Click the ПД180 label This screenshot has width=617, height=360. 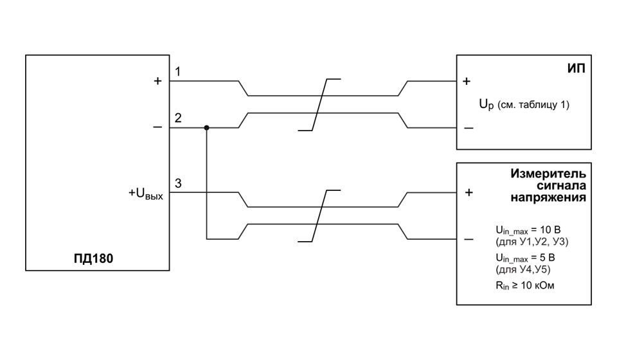(x=93, y=258)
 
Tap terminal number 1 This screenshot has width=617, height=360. (x=178, y=71)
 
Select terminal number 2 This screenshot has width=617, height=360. (x=178, y=118)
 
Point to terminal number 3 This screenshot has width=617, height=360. (x=178, y=183)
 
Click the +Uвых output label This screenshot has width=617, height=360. (x=146, y=194)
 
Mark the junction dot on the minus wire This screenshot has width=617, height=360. (x=206, y=128)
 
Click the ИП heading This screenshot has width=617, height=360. (x=576, y=68)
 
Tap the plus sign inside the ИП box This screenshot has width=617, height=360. (x=467, y=81)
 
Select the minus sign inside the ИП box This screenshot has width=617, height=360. (x=469, y=128)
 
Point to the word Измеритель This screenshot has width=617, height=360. (x=548, y=174)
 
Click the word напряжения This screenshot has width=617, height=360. (x=548, y=197)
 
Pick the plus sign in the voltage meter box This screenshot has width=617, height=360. (x=469, y=192)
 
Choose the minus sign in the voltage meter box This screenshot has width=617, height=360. (x=469, y=239)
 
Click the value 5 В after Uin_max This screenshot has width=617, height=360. (x=548, y=258)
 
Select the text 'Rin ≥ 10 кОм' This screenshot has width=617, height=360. (x=525, y=285)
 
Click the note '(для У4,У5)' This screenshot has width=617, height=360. (x=523, y=269)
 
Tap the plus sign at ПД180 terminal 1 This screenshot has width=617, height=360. (x=157, y=80)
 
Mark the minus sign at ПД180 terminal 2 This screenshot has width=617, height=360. (x=157, y=127)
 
